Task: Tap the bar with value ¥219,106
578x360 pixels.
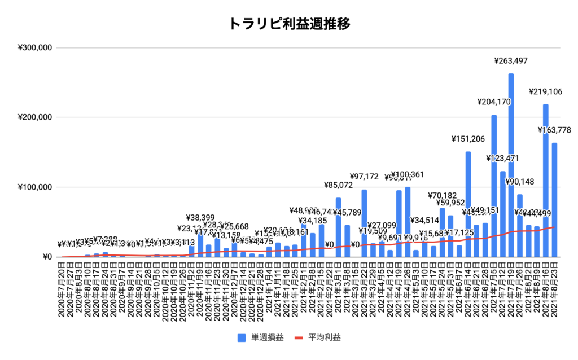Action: pos(546,181)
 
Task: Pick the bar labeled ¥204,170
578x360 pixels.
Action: pos(494,186)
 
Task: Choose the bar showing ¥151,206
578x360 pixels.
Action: pos(468,203)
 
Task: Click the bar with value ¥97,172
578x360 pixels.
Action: pos(364,223)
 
